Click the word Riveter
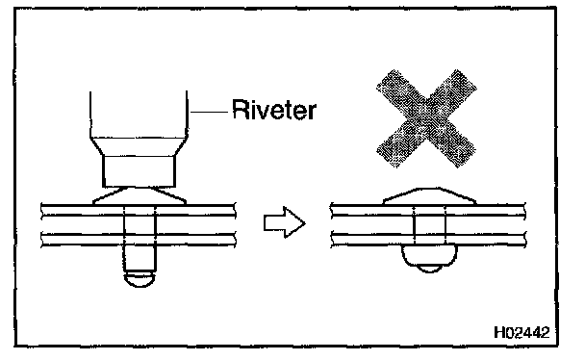tap(274, 110)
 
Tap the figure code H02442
tap(521, 332)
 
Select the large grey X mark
tap(426, 118)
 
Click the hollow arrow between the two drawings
tap(284, 222)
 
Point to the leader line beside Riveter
tap(209, 111)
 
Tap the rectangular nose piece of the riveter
tap(139, 171)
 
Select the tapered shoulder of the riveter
tap(139, 147)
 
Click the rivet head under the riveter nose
tap(140, 195)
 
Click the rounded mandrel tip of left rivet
tap(140, 279)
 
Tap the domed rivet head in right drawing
tap(429, 196)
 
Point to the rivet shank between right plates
tap(429, 224)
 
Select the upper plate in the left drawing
tap(139, 210)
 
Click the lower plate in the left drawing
tap(139, 240)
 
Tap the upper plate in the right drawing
tap(428, 210)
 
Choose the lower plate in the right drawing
tap(428, 240)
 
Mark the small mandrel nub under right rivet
tap(429, 269)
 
